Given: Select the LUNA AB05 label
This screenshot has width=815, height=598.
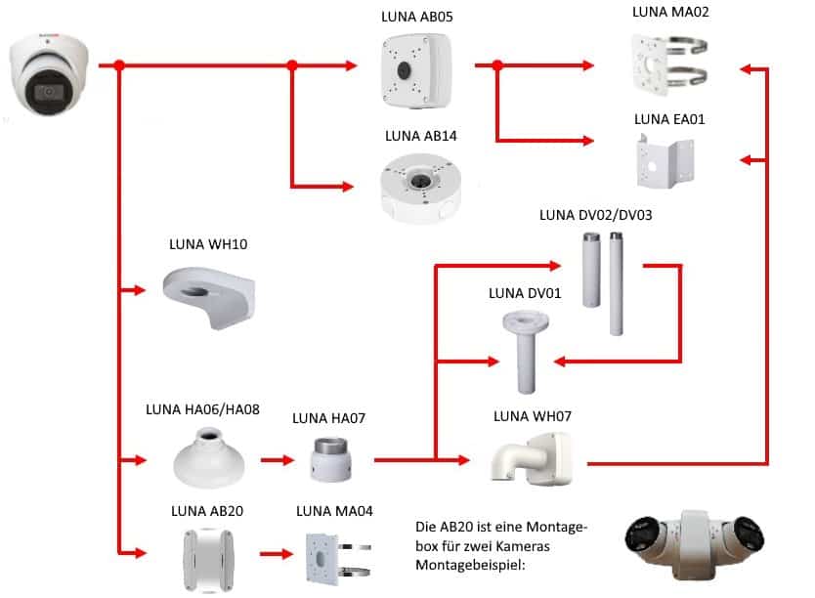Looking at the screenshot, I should (x=417, y=18).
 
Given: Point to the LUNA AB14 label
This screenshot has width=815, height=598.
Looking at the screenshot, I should (x=419, y=137).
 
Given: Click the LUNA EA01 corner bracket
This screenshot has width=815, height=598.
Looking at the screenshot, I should (x=669, y=159).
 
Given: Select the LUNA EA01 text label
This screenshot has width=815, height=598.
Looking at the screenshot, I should (x=669, y=119).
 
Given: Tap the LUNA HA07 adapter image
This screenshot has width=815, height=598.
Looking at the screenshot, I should (x=328, y=458).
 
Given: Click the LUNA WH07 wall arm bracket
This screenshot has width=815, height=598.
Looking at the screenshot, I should (x=533, y=459).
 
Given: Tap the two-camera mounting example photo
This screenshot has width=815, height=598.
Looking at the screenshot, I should (x=698, y=546).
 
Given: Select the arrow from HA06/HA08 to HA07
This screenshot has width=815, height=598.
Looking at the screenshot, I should (x=278, y=458).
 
